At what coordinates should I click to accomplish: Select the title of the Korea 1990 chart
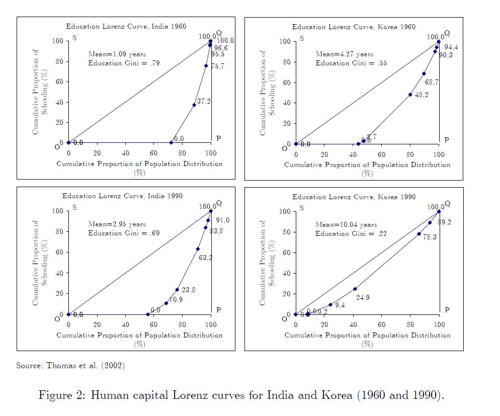point(354,197)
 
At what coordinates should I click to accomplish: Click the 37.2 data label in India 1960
point(204,101)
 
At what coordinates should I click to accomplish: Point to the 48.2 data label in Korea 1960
point(422,95)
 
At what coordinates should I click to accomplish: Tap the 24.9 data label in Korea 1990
point(363,297)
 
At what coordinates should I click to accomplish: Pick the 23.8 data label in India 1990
point(188,290)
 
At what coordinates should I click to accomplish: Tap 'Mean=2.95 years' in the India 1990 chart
point(117,224)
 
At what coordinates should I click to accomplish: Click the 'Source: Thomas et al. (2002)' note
point(70,366)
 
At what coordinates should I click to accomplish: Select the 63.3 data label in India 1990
point(205,258)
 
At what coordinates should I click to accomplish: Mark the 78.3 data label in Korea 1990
point(430,236)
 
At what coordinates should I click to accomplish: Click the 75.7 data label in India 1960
point(217,66)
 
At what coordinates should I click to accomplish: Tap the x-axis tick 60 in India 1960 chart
point(154,153)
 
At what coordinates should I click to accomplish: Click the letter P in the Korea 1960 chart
point(446,139)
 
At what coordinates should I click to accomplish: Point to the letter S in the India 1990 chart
point(74,207)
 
